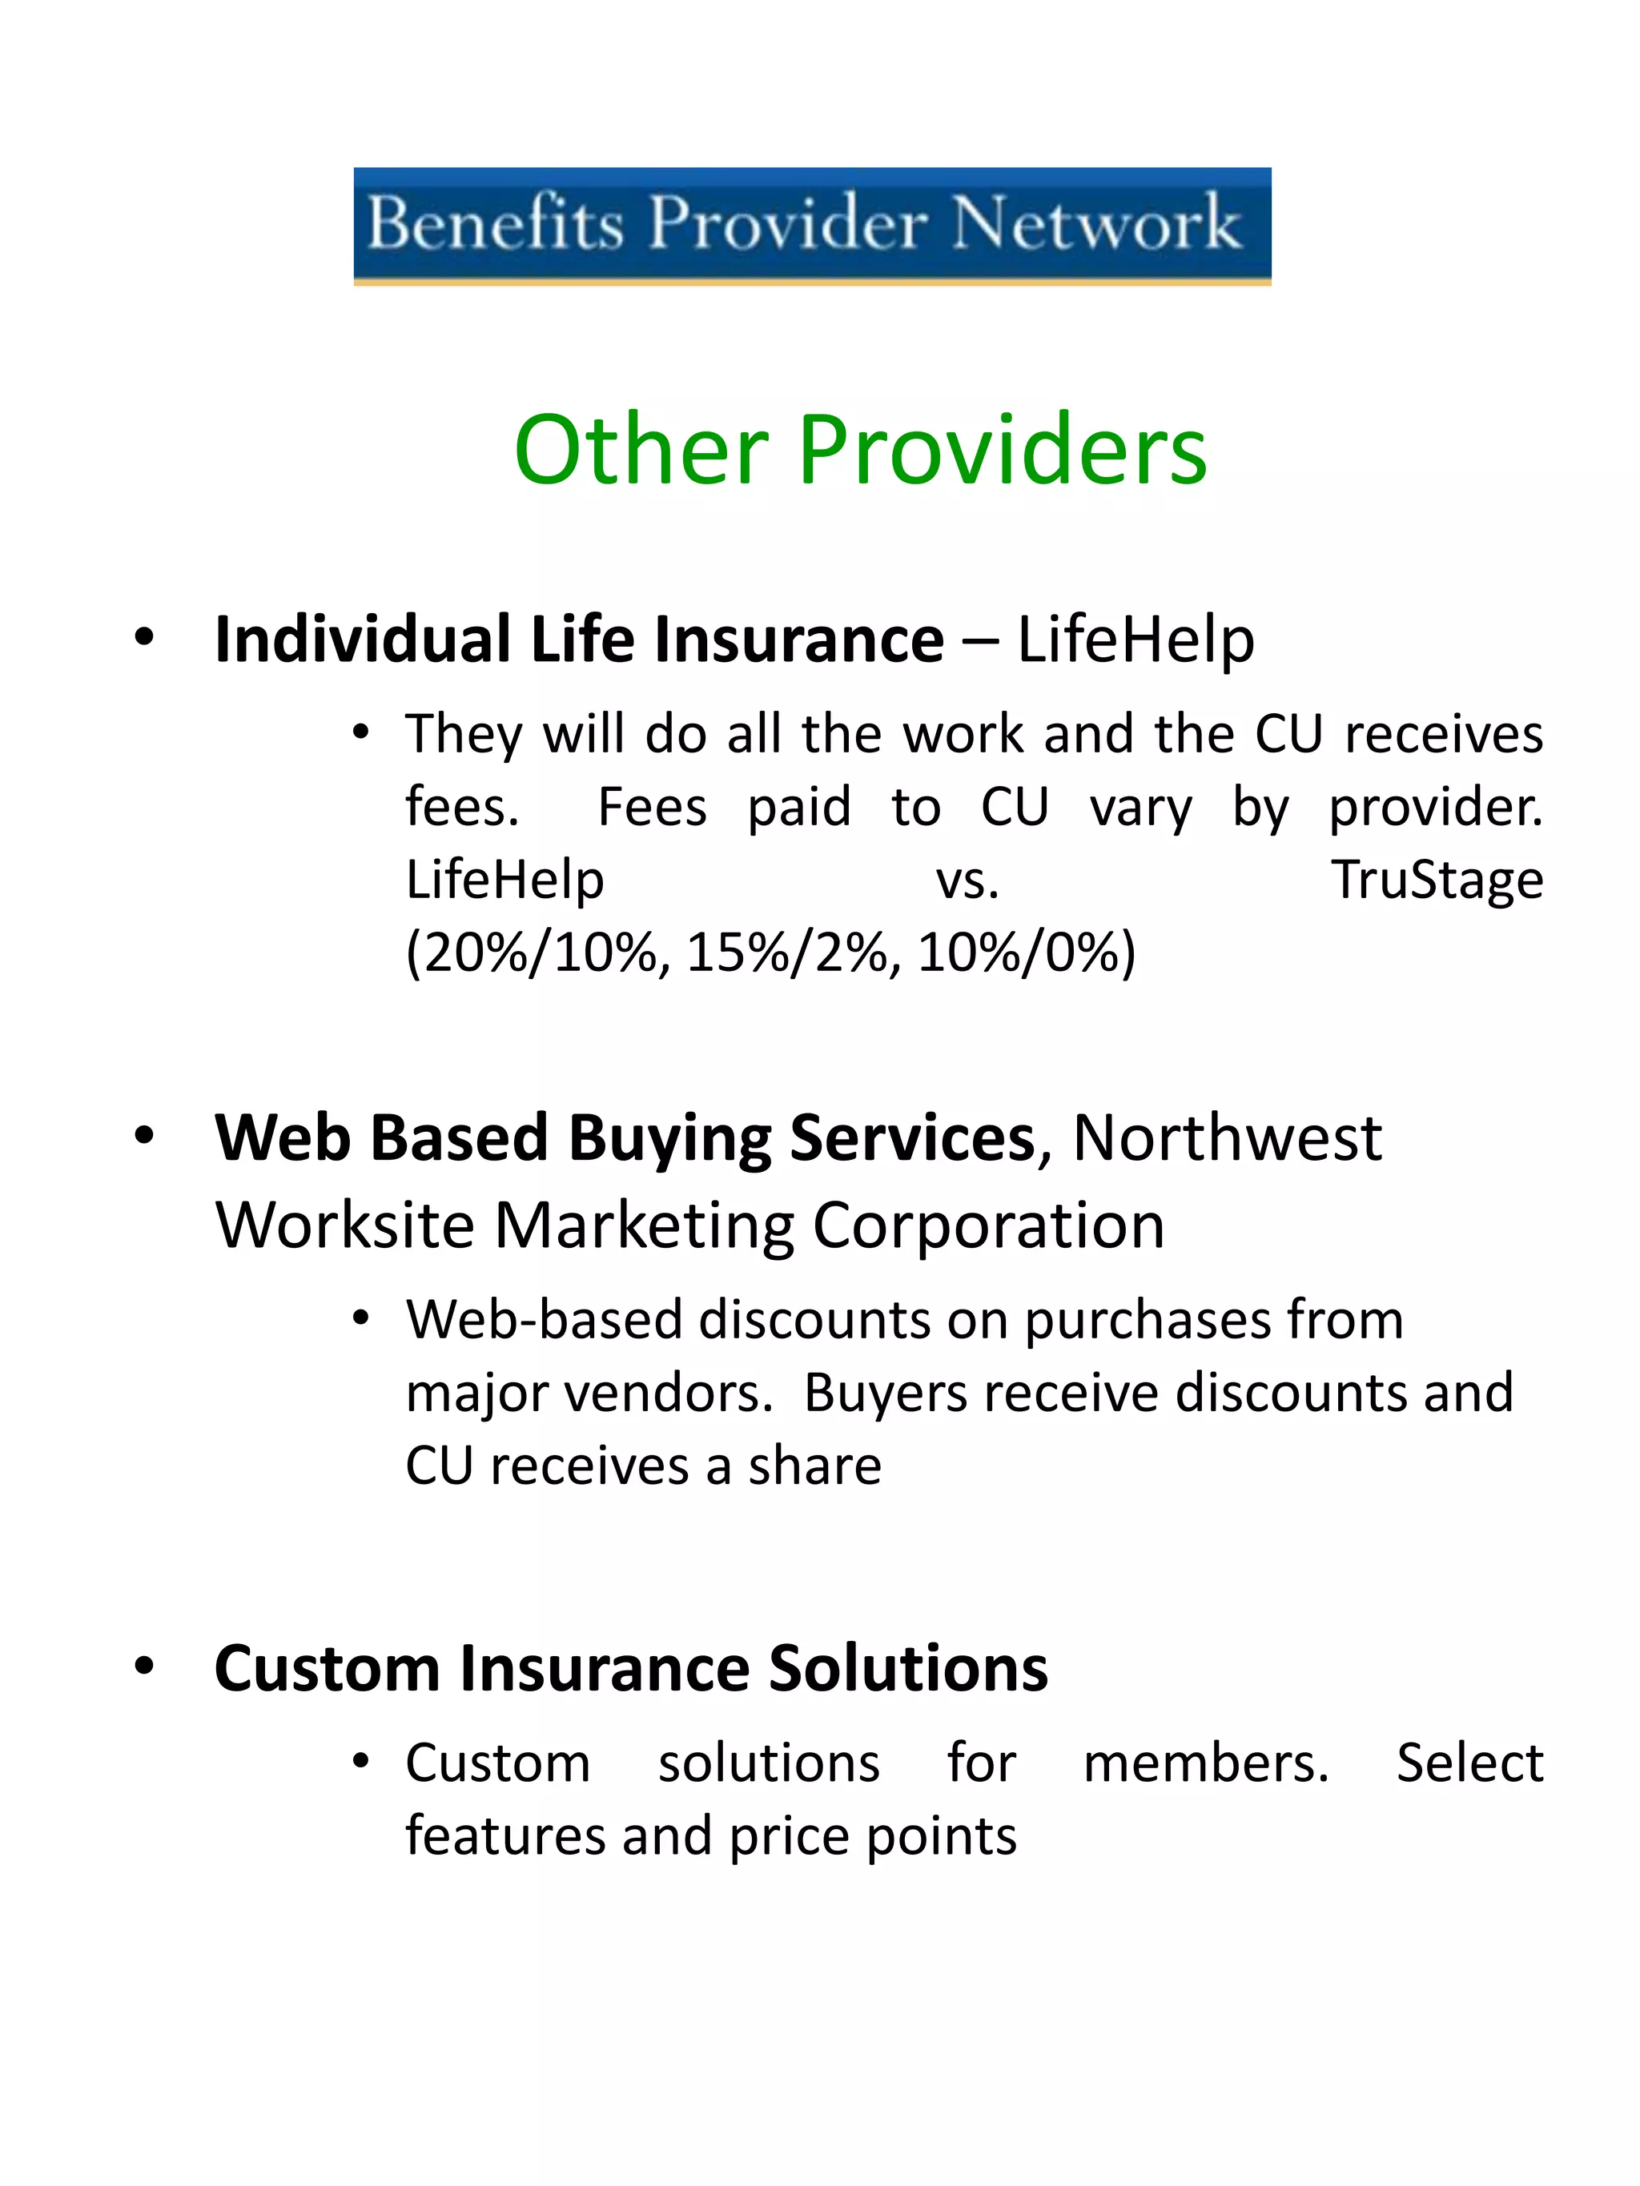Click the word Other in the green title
[641, 451]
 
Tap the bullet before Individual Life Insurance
[145, 636]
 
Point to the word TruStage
[1437, 880]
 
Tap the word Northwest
[1227, 1138]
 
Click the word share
[814, 1466]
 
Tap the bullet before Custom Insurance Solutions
[145, 1667]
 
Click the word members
[1206, 1764]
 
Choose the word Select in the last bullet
[1469, 1764]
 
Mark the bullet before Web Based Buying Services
[145, 1137]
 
